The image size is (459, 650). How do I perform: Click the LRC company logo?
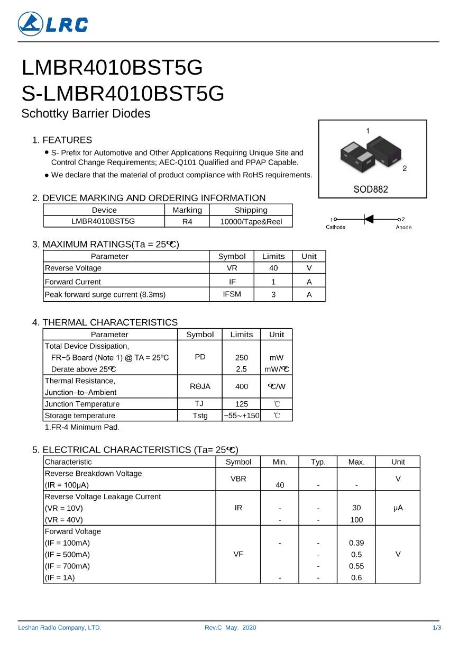53,24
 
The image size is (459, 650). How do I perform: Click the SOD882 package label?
371,189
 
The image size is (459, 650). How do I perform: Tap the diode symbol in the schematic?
369,219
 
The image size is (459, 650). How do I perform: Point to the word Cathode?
335,227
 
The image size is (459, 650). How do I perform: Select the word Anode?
403,227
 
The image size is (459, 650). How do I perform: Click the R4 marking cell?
187,222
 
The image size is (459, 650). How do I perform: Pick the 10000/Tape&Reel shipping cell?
251,222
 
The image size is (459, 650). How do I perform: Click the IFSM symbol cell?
232,294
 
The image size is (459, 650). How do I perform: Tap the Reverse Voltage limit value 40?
273,268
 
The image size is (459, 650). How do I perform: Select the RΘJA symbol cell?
200,386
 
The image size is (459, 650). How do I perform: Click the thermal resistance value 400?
242,386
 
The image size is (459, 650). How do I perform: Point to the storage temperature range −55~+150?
242,416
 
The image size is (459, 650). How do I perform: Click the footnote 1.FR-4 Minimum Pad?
82,427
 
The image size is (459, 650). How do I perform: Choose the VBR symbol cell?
238,479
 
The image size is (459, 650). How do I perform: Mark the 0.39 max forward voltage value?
356,543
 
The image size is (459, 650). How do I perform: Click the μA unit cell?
398,508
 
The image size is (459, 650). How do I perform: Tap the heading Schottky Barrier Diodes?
86,113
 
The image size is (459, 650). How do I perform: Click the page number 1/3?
437,628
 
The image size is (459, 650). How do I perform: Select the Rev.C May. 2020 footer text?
230,628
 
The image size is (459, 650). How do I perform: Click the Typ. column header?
318,462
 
